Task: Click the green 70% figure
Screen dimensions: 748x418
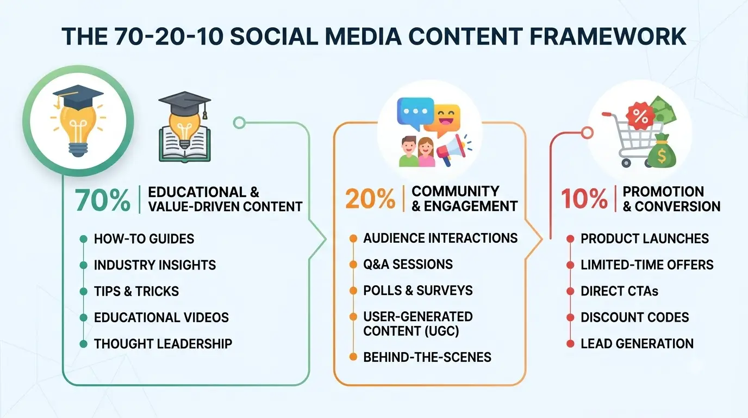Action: click(103, 200)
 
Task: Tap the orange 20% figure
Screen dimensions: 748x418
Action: click(370, 199)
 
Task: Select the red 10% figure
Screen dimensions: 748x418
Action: click(584, 199)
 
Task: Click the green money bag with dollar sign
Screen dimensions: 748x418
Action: click(662, 151)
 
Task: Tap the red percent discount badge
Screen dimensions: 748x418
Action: click(639, 116)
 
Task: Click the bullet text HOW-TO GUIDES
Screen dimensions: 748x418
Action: click(144, 239)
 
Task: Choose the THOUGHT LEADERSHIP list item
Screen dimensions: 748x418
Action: click(163, 344)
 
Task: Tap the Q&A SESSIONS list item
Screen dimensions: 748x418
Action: click(408, 264)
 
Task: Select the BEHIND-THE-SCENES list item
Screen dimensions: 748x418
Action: click(427, 357)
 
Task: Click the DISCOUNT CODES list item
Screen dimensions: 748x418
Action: click(635, 317)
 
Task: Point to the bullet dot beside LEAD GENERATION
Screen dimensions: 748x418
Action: click(570, 344)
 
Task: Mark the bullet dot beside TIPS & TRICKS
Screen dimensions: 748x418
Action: click(84, 291)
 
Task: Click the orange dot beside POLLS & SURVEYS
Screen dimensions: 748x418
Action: click(353, 291)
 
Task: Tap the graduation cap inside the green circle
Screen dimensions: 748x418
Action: click(78, 97)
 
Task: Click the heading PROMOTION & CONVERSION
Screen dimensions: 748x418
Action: click(671, 199)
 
